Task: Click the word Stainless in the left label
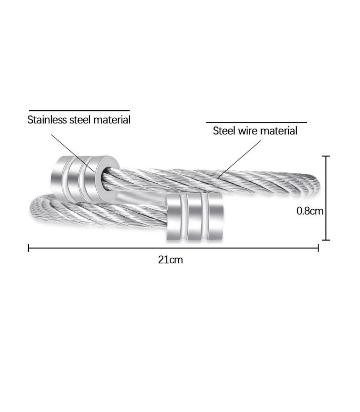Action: point(47,120)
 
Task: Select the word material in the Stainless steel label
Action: point(112,120)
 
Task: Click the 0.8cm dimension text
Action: point(310,211)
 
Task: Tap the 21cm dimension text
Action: point(170,260)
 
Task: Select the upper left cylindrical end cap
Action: point(86,178)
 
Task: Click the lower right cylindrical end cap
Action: point(195,217)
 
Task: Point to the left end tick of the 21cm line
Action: point(28,248)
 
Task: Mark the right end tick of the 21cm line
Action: point(318,248)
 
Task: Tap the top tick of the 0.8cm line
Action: point(326,156)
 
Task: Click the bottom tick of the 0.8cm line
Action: point(326,240)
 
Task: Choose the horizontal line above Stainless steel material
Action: point(79,110)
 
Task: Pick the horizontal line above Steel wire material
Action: point(257,122)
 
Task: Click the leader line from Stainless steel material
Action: point(73,153)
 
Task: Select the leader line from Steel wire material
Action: point(239,159)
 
